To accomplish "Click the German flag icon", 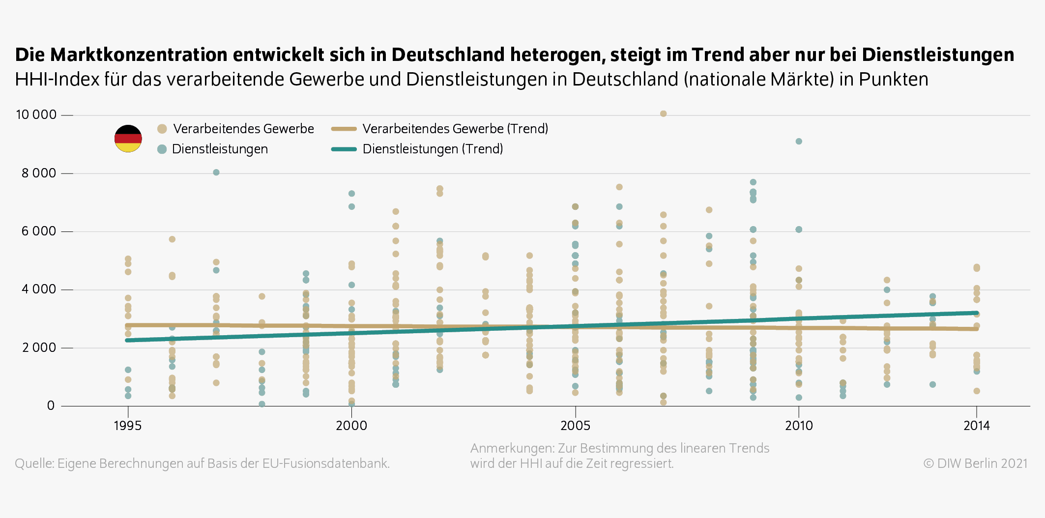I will click(128, 139).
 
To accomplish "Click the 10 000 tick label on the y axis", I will click(36, 115).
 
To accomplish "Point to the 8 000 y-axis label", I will click(39, 173).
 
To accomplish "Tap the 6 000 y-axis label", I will click(39, 231).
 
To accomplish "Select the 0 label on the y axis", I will click(51, 405).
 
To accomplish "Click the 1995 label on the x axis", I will click(128, 426).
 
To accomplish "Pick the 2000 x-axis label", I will click(351, 426).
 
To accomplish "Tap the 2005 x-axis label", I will click(575, 426).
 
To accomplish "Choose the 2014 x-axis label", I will click(976, 426).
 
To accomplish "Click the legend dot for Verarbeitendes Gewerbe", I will click(162, 129).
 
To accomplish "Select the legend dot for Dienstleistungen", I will click(162, 149).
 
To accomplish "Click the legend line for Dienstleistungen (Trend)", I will click(344, 149).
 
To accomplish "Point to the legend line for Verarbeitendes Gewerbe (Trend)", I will click(344, 129).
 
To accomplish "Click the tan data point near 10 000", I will click(663, 114).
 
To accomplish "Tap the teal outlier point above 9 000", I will click(799, 142).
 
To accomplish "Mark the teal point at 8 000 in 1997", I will click(216, 173).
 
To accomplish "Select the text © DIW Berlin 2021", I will click(975, 463).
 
